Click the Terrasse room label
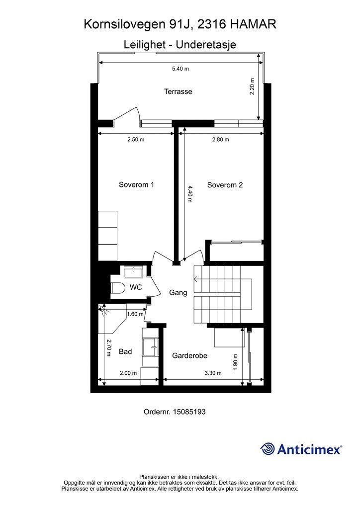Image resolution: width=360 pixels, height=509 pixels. (178, 91)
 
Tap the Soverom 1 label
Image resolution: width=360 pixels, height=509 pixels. (136, 185)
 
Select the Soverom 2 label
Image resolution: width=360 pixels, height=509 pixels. (225, 185)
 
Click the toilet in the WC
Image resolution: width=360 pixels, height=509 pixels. (118, 288)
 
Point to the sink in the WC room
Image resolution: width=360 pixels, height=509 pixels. (133, 272)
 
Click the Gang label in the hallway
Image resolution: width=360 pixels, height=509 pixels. (178, 293)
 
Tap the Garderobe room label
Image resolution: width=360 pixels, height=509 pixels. (189, 356)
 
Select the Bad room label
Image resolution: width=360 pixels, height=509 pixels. (125, 351)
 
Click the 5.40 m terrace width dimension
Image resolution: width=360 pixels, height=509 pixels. (180, 69)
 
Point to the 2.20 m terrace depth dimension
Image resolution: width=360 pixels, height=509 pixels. (252, 86)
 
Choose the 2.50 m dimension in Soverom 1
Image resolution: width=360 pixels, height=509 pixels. (136, 140)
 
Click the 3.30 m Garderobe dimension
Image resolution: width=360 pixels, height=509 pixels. (213, 373)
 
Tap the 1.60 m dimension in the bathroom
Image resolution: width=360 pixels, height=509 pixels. (135, 314)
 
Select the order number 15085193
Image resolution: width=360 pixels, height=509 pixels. (189, 412)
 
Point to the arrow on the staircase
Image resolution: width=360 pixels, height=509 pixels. (195, 278)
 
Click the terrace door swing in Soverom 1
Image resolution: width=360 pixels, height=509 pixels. (127, 116)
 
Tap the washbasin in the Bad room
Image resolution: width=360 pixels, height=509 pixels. (151, 347)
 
